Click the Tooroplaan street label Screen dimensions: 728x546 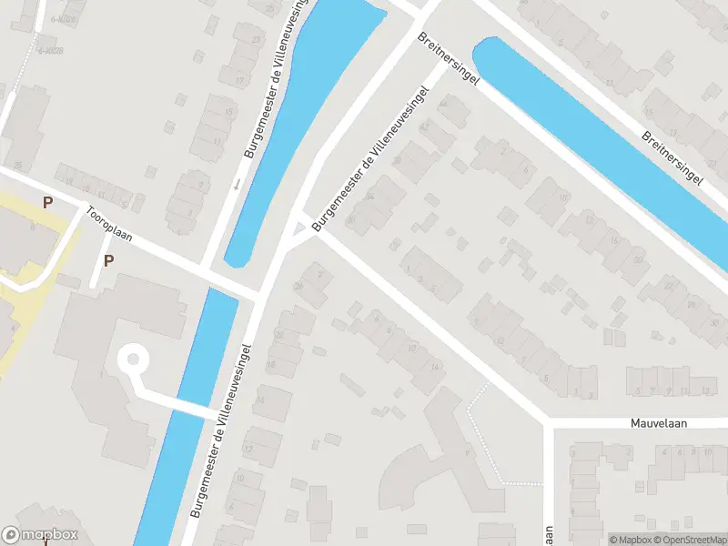109,224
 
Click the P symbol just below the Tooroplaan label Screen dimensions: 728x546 108,261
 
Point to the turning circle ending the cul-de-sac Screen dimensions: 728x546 133,359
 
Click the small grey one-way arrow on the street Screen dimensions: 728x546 236,185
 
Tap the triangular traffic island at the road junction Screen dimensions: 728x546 297,227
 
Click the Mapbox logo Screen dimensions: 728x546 40,535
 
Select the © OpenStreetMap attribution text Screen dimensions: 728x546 687,540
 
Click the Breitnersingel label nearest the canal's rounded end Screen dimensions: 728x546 450,61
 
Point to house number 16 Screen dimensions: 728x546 260,399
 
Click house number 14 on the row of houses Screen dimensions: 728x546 434,366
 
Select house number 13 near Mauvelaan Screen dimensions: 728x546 707,391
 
